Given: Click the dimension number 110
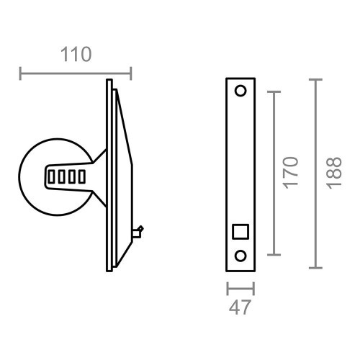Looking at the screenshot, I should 75,55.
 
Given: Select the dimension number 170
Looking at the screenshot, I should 290,172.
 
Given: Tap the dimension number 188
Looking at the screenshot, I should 332,172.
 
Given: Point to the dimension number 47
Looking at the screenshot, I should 240,308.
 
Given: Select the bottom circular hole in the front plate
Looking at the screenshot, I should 240,255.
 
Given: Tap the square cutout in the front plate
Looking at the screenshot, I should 240,231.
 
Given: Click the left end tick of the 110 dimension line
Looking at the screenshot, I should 21,73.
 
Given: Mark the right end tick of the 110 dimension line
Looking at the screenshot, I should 130,73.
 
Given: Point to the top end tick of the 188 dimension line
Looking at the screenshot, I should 315,78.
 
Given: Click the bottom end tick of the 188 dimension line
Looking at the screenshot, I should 315,268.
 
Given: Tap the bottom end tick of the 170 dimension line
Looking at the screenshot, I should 273,255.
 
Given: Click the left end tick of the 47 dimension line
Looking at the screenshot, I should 228,288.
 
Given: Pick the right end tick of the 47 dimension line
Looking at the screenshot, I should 253,288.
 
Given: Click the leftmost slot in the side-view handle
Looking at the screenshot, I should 55,176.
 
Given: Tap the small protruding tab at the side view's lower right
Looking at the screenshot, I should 139,231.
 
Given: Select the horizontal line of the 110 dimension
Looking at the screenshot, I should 76,73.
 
